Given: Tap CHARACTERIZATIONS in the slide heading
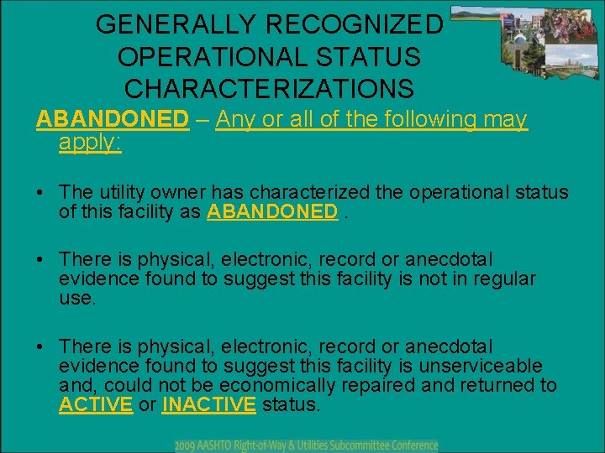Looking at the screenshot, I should [269, 88].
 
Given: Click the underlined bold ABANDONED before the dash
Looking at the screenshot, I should [112, 119].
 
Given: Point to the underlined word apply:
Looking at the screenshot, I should [91, 142].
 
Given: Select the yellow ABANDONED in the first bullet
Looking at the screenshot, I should [272, 211].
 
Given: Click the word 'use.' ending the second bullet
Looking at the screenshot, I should [78, 298].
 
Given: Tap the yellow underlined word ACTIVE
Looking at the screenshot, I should [96, 404].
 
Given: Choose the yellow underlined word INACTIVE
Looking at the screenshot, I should [208, 404].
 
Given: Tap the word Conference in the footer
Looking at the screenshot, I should [410, 445].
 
